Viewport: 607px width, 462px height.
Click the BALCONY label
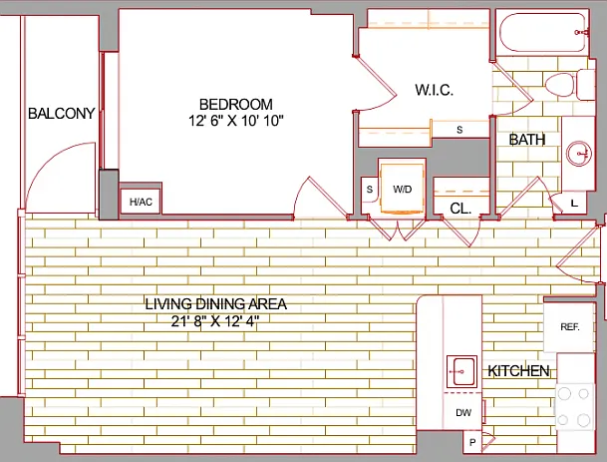pyautogui.click(x=62, y=113)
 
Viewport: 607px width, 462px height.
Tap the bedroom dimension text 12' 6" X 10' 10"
pyautogui.click(x=236, y=121)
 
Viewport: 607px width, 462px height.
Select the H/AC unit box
pyautogui.click(x=141, y=202)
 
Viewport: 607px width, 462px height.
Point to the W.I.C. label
pyautogui.click(x=434, y=90)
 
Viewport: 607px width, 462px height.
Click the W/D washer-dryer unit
pyautogui.click(x=402, y=189)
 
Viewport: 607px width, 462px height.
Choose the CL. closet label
pyautogui.click(x=460, y=209)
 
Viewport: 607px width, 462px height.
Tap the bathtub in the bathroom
pyautogui.click(x=543, y=33)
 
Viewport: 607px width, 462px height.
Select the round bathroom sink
pyautogui.click(x=578, y=154)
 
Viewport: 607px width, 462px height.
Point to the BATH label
pyautogui.click(x=527, y=140)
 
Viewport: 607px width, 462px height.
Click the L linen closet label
pyautogui.click(x=574, y=203)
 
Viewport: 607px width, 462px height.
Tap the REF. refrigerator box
pyautogui.click(x=569, y=327)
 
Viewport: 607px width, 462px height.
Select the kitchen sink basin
pyautogui.click(x=461, y=371)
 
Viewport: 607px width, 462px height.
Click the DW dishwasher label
pyautogui.click(x=463, y=413)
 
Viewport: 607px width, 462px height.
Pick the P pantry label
pyautogui.click(x=472, y=442)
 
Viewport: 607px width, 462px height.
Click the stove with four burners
pyautogui.click(x=575, y=406)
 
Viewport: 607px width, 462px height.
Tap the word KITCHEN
pyautogui.click(x=518, y=371)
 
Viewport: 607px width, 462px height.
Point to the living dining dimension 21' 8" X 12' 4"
pyautogui.click(x=215, y=321)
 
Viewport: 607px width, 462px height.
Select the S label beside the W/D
pyautogui.click(x=370, y=190)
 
